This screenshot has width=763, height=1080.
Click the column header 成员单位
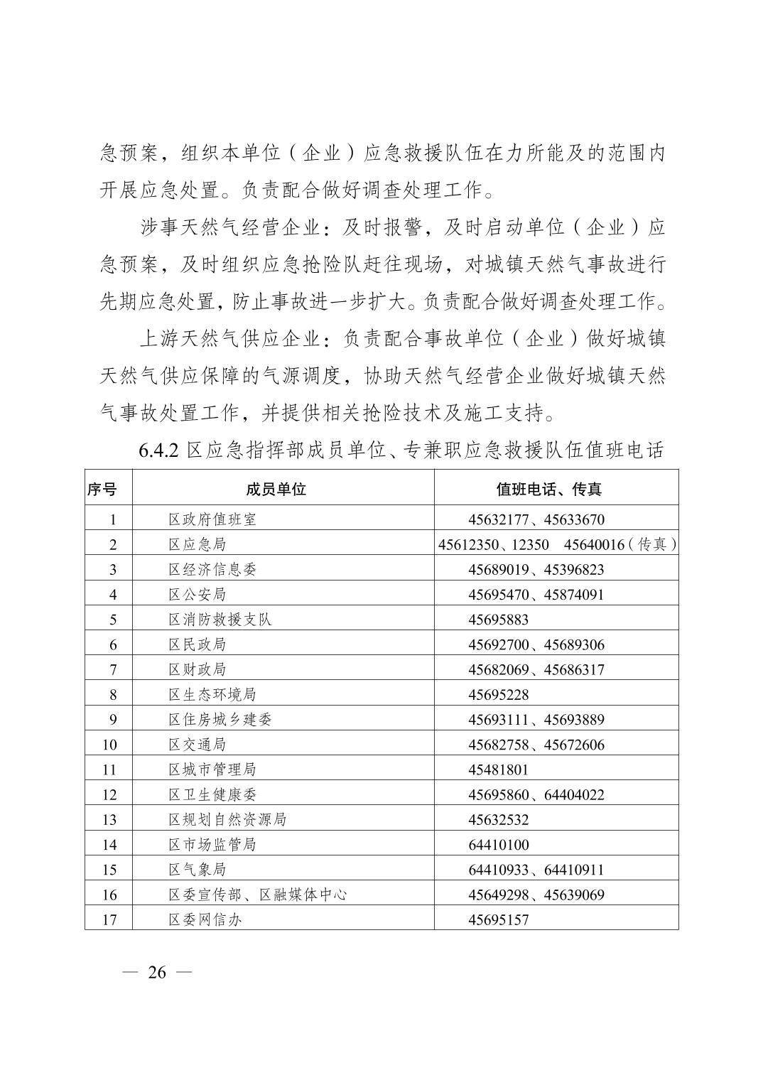tap(276, 489)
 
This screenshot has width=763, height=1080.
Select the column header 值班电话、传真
tap(548, 489)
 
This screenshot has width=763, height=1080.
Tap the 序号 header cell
tap(102, 489)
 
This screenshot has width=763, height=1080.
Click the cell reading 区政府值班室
tap(212, 519)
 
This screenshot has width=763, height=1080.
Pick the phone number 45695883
tap(498, 620)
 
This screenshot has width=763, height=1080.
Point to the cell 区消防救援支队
tap(220, 620)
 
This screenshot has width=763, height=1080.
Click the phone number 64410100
tap(498, 845)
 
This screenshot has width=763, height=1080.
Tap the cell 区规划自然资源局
tap(227, 820)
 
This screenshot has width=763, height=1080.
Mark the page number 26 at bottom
tap(157, 973)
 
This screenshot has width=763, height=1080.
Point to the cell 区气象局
tap(197, 870)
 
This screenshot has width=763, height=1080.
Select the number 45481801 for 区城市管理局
tap(498, 769)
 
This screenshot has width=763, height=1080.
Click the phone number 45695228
tap(498, 695)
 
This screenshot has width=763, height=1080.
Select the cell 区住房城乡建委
tap(220, 720)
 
